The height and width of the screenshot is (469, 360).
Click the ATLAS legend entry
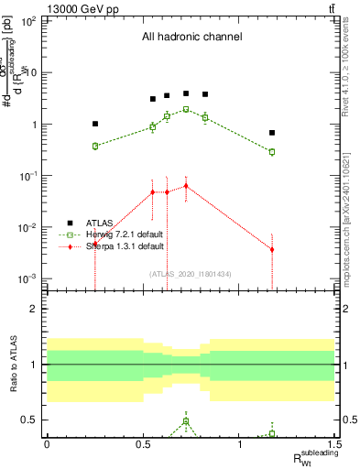[x=98, y=223]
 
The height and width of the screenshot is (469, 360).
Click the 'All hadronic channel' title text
[x=191, y=38]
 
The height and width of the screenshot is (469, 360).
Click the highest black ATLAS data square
[x=186, y=93]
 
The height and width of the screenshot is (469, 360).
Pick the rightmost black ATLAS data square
[x=272, y=133]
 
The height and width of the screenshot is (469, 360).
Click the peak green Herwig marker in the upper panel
[x=186, y=109]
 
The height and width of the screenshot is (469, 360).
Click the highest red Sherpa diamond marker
[x=186, y=186]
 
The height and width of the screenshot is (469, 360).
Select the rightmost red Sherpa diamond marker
[x=272, y=249]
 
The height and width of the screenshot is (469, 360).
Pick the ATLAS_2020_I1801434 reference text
[x=191, y=274]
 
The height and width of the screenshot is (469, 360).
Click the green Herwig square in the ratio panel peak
[x=186, y=421]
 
